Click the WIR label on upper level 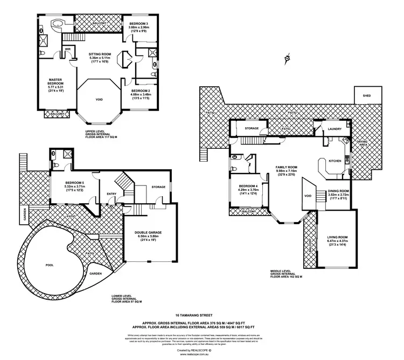click(68, 49)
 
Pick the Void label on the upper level click(99, 99)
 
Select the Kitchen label click(334, 161)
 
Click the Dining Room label click(339, 191)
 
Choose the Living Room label click(337, 237)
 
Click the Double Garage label click(149, 232)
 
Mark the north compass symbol click(289, 58)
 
